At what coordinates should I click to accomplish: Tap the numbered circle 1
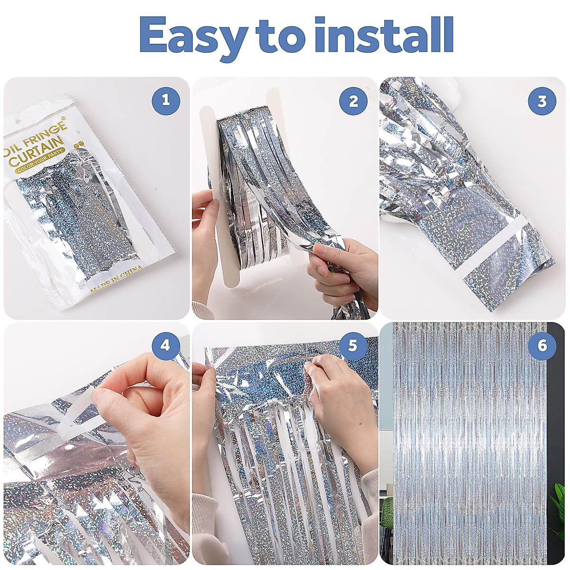point(165,101)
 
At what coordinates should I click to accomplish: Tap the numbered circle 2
point(353,101)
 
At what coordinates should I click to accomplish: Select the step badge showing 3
point(542,101)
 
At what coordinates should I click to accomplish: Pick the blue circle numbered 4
point(165,345)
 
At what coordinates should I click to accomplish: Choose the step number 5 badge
point(352,345)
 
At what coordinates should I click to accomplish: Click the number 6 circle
point(542,345)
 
